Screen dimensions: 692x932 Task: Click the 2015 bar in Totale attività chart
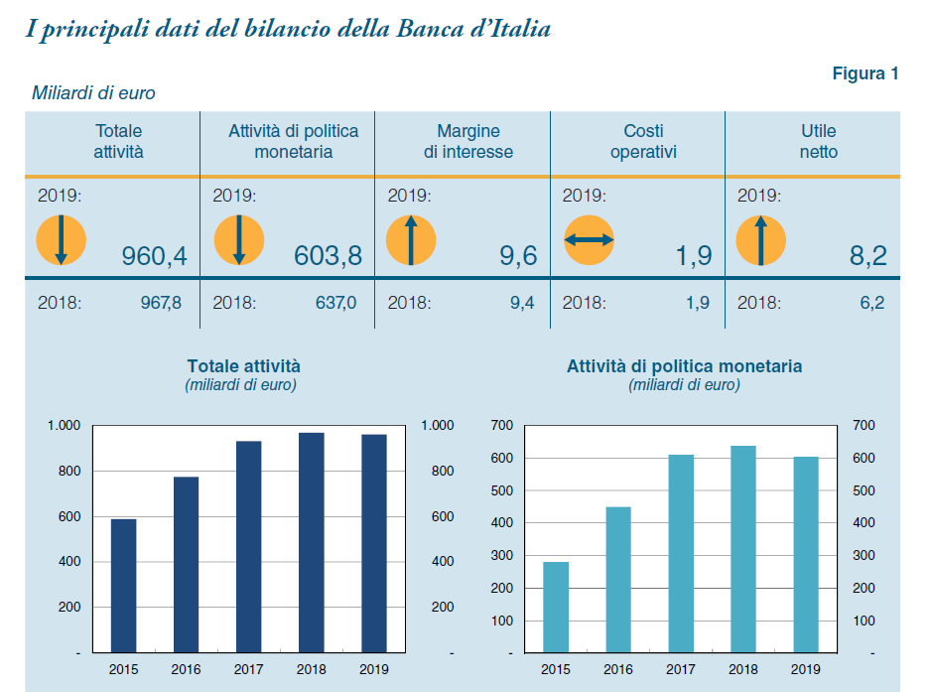pyautogui.click(x=123, y=586)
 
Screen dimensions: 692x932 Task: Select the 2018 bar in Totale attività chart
pyautogui.click(x=311, y=543)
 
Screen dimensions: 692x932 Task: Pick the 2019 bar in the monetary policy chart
pyautogui.click(x=805, y=554)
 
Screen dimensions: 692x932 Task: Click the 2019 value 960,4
pyautogui.click(x=154, y=257)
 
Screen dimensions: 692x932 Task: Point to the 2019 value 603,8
pyautogui.click(x=328, y=257)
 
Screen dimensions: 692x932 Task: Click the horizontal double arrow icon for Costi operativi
pyautogui.click(x=589, y=239)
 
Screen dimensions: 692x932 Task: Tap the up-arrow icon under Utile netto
pyautogui.click(x=760, y=239)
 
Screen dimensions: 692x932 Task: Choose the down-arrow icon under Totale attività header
pyautogui.click(x=62, y=239)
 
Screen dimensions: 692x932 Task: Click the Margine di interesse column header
pyautogui.click(x=468, y=141)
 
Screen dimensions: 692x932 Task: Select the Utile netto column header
pyautogui.click(x=818, y=141)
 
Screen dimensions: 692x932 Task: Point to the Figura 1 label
pyautogui.click(x=865, y=73)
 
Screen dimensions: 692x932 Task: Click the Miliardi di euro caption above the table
pyautogui.click(x=93, y=93)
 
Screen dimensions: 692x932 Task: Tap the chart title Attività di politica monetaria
pyautogui.click(x=684, y=366)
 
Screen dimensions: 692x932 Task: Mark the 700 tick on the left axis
pyautogui.click(x=501, y=426)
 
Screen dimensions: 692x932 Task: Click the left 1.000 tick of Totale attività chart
pyautogui.click(x=64, y=426)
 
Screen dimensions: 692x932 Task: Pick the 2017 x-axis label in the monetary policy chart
pyautogui.click(x=681, y=669)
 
